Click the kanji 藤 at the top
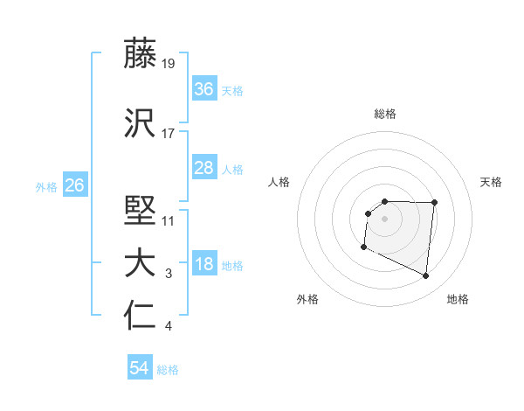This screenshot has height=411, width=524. coord(141,53)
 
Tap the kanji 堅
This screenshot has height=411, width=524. coord(141,212)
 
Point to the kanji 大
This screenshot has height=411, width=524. coord(141,265)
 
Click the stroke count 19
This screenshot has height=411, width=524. coord(169,63)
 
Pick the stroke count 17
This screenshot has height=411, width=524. coord(169,134)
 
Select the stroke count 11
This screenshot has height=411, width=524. coord(169,220)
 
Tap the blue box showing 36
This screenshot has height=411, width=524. coord(203,88)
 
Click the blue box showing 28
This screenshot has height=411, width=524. coord(203,168)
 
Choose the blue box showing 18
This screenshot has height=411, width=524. coord(203,265)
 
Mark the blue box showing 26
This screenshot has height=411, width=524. coord(75,185)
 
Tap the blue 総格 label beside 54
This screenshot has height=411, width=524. coord(168,370)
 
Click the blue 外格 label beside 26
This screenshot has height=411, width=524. coord(46,186)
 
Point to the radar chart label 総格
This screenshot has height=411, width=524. coord(384,114)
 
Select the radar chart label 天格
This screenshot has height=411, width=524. coord(492,182)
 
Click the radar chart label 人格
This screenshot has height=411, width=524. coord(279,182)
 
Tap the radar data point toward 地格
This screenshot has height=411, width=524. coord(426,276)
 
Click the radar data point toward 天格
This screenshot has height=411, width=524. coord(435,203)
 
